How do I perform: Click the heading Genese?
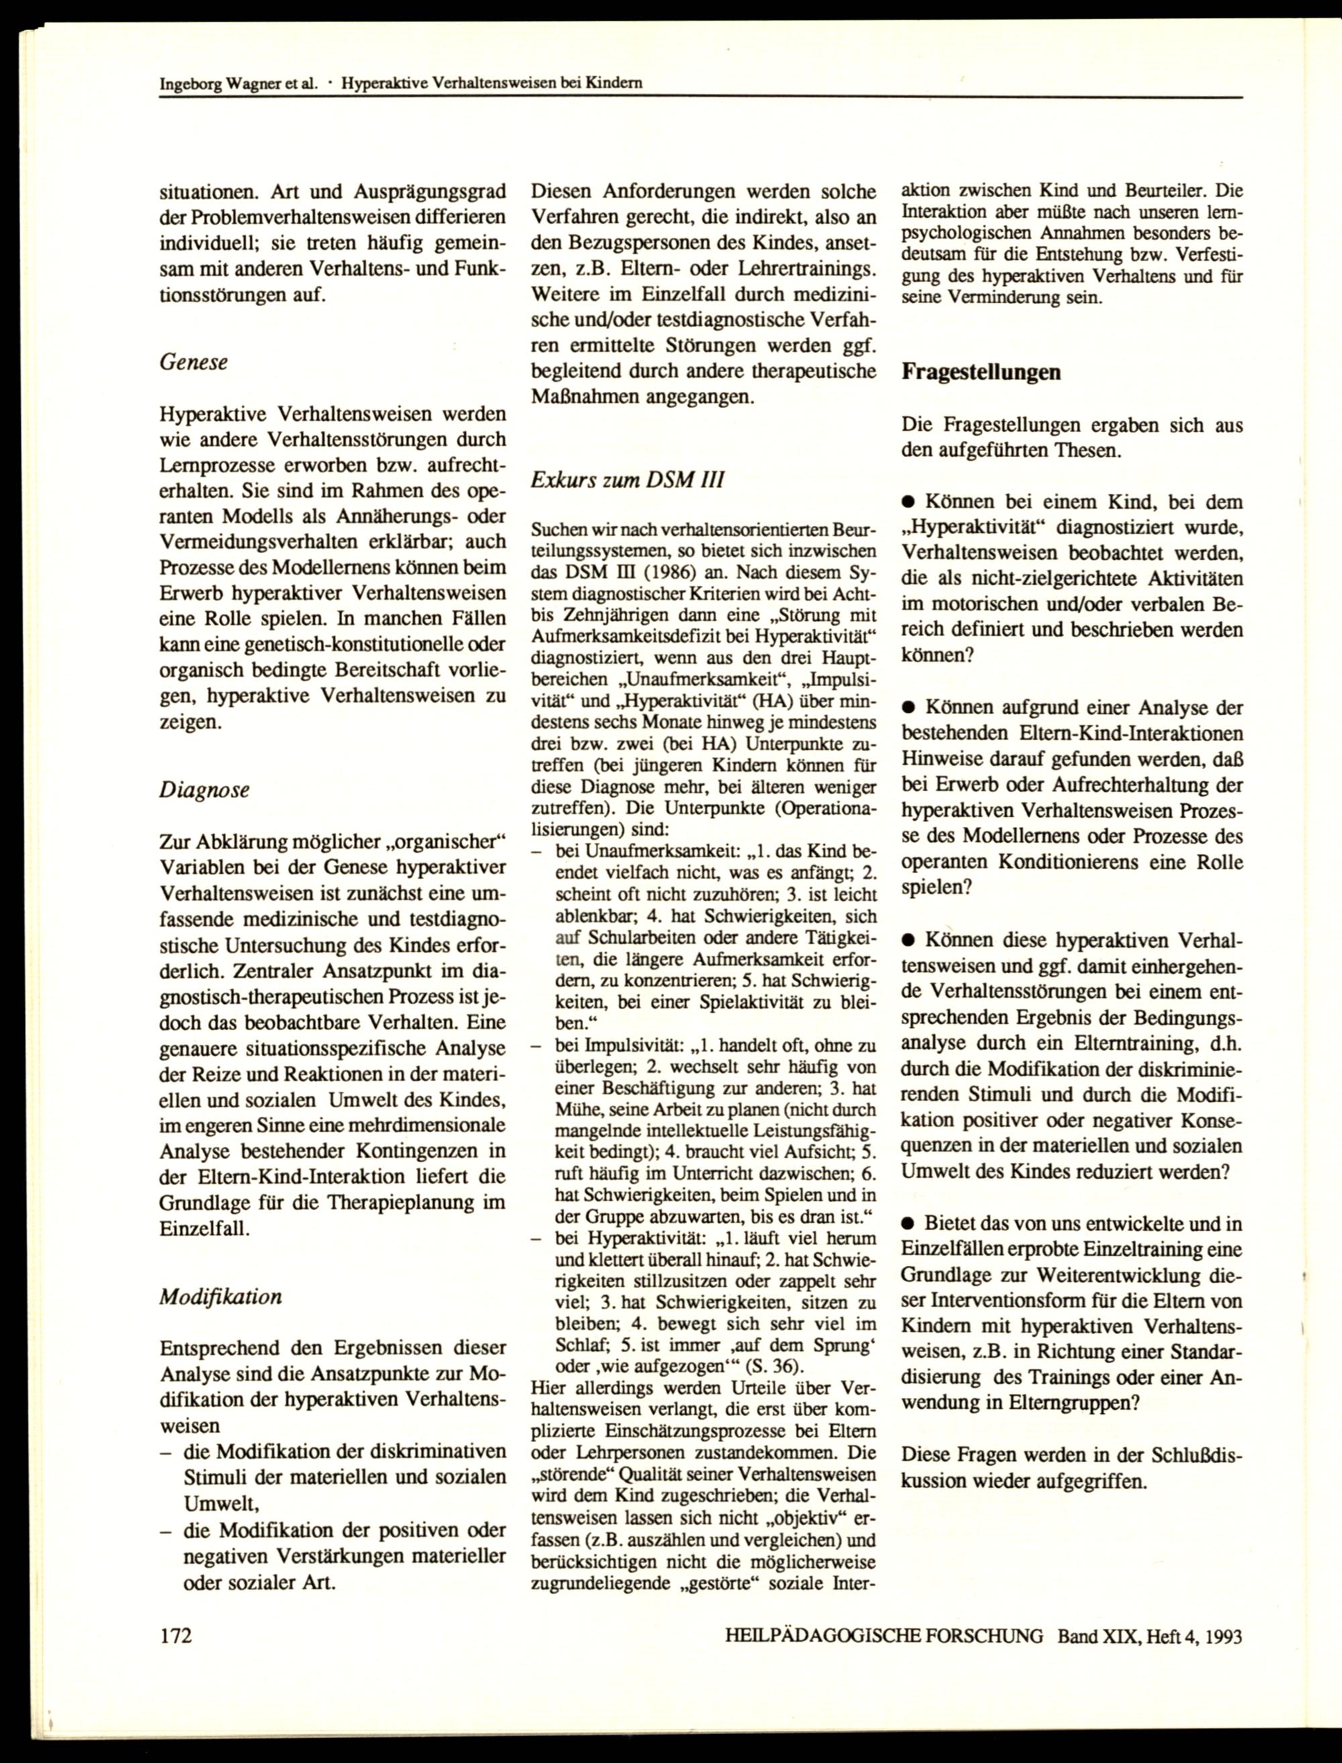193,362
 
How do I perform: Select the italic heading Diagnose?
205,789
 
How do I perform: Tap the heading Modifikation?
221,1296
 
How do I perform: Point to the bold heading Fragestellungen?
981,372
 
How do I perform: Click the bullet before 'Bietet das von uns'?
909,1224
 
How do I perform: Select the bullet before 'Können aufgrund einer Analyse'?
909,708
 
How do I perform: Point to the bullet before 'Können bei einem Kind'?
909,503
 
